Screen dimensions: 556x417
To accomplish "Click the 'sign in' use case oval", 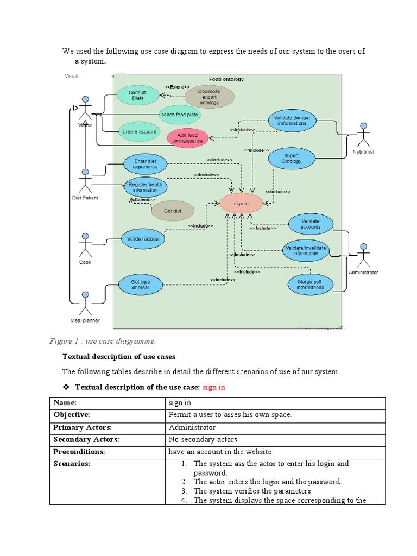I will point(241,204).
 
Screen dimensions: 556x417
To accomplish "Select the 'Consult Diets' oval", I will point(137,95).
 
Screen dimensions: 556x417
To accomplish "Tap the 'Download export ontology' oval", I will point(209,97).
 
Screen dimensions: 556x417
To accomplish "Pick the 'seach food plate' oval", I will point(179,115).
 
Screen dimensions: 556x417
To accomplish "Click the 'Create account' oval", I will point(138,131).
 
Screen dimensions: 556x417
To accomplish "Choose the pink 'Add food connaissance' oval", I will point(187,138).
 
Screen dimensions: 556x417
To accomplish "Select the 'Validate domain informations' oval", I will point(290,121).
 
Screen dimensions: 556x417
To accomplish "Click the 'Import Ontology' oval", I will point(291,158).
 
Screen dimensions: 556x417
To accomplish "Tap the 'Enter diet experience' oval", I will point(145,164).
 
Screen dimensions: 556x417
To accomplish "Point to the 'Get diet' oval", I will point(172,211).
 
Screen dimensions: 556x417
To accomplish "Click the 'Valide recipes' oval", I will point(142,238).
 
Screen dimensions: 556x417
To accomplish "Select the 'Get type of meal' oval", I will point(140,285).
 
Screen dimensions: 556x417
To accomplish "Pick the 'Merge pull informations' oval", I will point(310,285).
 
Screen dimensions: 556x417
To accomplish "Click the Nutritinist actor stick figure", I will point(363,135).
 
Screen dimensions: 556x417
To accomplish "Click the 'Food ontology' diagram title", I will point(226,79).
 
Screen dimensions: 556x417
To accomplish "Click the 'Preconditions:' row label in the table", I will point(79,452).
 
